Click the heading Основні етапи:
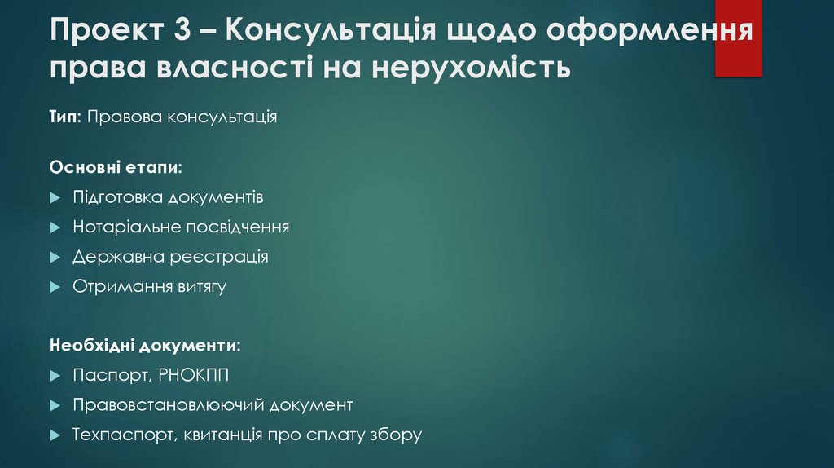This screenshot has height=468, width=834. (115, 167)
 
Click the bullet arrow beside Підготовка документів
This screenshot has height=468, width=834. (55, 198)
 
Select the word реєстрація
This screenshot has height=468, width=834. (219, 257)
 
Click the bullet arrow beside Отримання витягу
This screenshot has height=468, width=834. (55, 287)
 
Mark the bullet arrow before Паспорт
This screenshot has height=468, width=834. (55, 375)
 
